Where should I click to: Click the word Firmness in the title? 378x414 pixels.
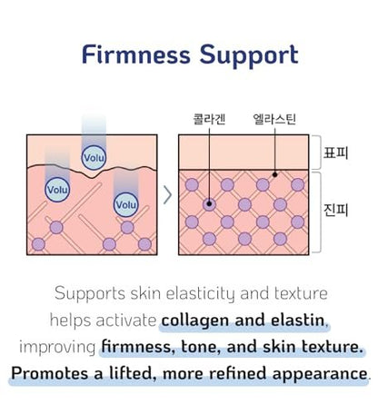(136, 54)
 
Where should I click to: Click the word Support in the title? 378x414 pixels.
(249, 55)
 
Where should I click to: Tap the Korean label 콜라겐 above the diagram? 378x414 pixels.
(209, 119)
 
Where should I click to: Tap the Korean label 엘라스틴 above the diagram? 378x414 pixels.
(274, 119)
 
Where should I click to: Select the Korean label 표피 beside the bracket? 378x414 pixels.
(336, 153)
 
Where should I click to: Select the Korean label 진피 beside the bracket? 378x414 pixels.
(336, 211)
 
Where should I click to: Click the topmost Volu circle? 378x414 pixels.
(94, 158)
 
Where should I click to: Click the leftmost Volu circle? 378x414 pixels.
(57, 190)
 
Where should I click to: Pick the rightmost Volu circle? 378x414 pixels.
(126, 204)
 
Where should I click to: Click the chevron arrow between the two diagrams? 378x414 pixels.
(168, 195)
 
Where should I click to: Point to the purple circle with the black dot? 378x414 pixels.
(209, 204)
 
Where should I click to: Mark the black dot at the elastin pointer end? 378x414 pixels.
(274, 174)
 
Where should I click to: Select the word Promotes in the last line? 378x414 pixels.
(51, 374)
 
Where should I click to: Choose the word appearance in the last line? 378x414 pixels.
(320, 375)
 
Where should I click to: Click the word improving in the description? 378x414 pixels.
(57, 348)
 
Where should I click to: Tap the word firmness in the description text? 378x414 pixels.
(138, 347)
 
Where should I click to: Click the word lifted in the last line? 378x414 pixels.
(134, 373)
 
